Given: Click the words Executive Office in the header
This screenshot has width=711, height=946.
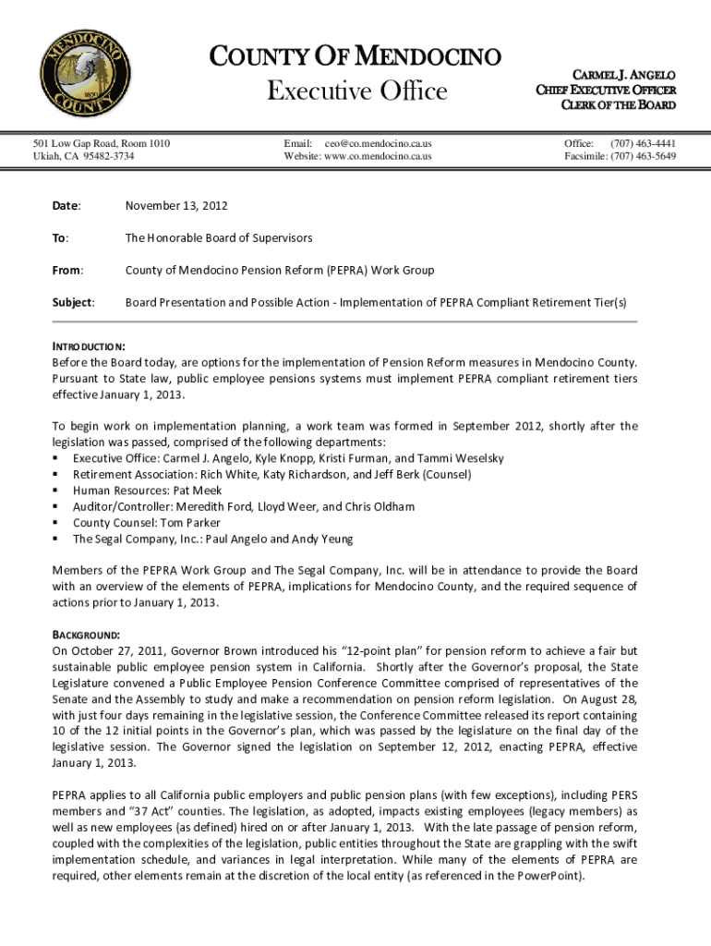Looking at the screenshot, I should pyautogui.click(x=356, y=91).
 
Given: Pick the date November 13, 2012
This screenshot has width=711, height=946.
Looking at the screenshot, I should pyautogui.click(x=176, y=205).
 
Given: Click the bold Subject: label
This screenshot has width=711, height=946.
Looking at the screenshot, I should pyautogui.click(x=74, y=302).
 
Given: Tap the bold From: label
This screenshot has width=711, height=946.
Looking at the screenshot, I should pyautogui.click(x=68, y=270).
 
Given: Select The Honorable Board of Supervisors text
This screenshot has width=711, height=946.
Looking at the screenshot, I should pyautogui.click(x=219, y=237).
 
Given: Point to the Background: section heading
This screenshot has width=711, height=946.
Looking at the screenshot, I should pyautogui.click(x=86, y=636).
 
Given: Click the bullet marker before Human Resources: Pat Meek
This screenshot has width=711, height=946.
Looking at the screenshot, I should pyautogui.click(x=56, y=491).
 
